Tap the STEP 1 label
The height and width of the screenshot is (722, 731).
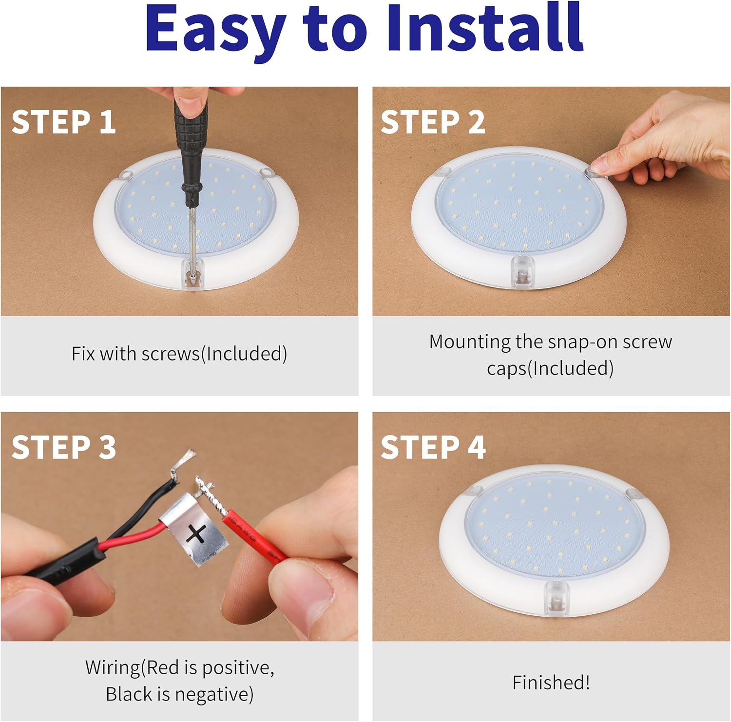pyautogui.click(x=64, y=122)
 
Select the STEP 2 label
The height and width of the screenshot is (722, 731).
pyautogui.click(x=433, y=122)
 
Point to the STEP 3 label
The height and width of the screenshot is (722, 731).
pyautogui.click(x=64, y=447)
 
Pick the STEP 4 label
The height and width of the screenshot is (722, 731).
pyautogui.click(x=433, y=447)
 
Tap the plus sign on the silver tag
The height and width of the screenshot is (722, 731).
pyautogui.click(x=197, y=533)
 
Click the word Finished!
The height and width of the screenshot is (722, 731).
pyautogui.click(x=551, y=682)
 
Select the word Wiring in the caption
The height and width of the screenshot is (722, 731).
pyautogui.click(x=113, y=667)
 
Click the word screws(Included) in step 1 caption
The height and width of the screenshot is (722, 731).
pyautogui.click(x=214, y=354)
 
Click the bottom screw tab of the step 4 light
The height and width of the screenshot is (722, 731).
pyautogui.click(x=556, y=598)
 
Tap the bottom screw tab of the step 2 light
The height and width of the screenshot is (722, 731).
pyautogui.click(x=523, y=272)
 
